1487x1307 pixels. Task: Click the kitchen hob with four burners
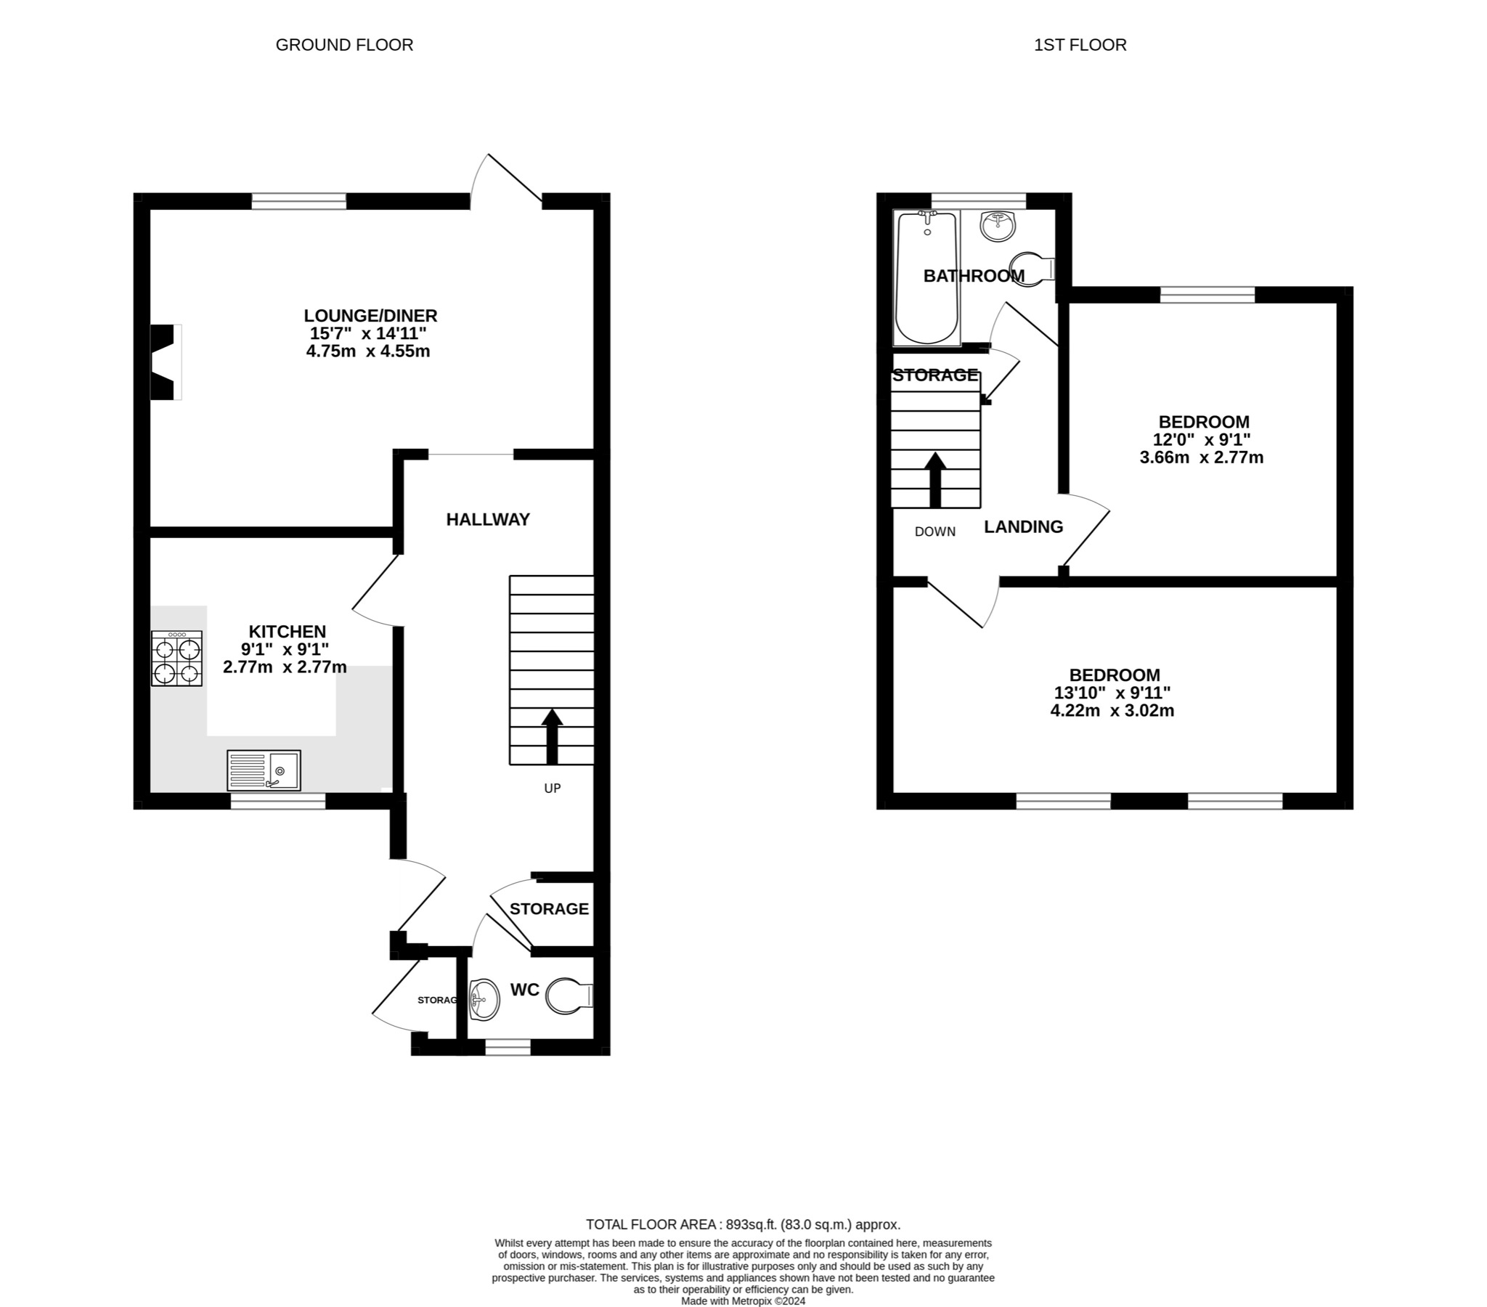click(176, 658)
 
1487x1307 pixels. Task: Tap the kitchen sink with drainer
click(264, 770)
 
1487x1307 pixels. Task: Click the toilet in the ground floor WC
click(569, 995)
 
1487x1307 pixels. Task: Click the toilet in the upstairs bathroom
click(1032, 270)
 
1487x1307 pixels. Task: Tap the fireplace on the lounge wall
click(164, 362)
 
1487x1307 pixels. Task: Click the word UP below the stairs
click(552, 788)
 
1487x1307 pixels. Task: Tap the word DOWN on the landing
click(935, 532)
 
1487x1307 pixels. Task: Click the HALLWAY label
click(487, 520)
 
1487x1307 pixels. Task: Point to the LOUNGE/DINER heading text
click(370, 316)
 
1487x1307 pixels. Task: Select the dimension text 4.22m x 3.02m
click(1112, 711)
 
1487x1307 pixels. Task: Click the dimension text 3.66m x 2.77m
click(1201, 457)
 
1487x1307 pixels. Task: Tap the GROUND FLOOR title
click(344, 45)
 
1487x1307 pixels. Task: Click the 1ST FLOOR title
click(1080, 45)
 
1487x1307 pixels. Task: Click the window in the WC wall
click(508, 1047)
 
